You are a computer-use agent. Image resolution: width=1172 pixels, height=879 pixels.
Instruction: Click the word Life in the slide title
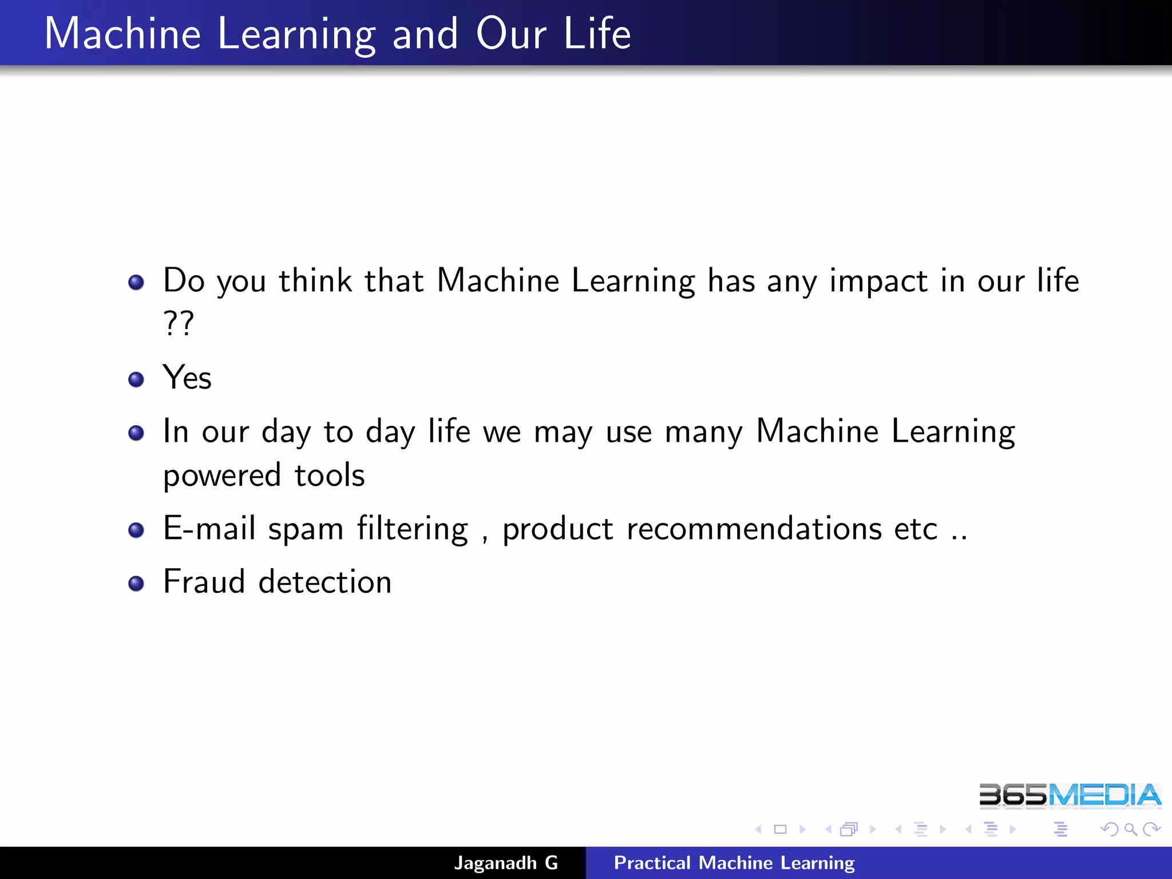(597, 34)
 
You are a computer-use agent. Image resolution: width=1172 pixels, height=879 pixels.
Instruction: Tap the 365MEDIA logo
(1070, 795)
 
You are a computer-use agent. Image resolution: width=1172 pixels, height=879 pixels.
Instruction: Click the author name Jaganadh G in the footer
(506, 862)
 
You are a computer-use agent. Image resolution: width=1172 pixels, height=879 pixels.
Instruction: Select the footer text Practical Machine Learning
(734, 862)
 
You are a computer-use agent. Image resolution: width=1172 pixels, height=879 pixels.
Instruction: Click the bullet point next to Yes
(136, 379)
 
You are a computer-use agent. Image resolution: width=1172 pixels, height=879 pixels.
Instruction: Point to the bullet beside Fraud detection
(136, 583)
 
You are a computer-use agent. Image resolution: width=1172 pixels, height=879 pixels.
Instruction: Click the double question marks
(179, 323)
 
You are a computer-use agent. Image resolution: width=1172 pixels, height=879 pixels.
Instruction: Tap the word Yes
(187, 378)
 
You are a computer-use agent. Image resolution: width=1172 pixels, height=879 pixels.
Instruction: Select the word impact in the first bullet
(878, 282)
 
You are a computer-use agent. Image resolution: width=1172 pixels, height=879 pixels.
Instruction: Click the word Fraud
(204, 581)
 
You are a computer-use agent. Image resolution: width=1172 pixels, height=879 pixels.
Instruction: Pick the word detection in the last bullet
(325, 581)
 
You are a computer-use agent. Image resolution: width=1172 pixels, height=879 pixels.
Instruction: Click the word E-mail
(209, 528)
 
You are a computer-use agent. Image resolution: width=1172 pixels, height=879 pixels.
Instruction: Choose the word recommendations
(754, 528)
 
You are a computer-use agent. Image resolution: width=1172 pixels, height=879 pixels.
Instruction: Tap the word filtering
(413, 529)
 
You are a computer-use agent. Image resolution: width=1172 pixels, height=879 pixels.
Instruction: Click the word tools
(330, 475)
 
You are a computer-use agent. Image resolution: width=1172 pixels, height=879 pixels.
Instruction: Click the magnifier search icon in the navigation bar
(1130, 829)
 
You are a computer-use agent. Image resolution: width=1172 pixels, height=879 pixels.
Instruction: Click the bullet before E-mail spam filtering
(136, 530)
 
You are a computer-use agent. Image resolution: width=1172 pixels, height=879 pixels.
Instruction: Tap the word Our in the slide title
(511, 34)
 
